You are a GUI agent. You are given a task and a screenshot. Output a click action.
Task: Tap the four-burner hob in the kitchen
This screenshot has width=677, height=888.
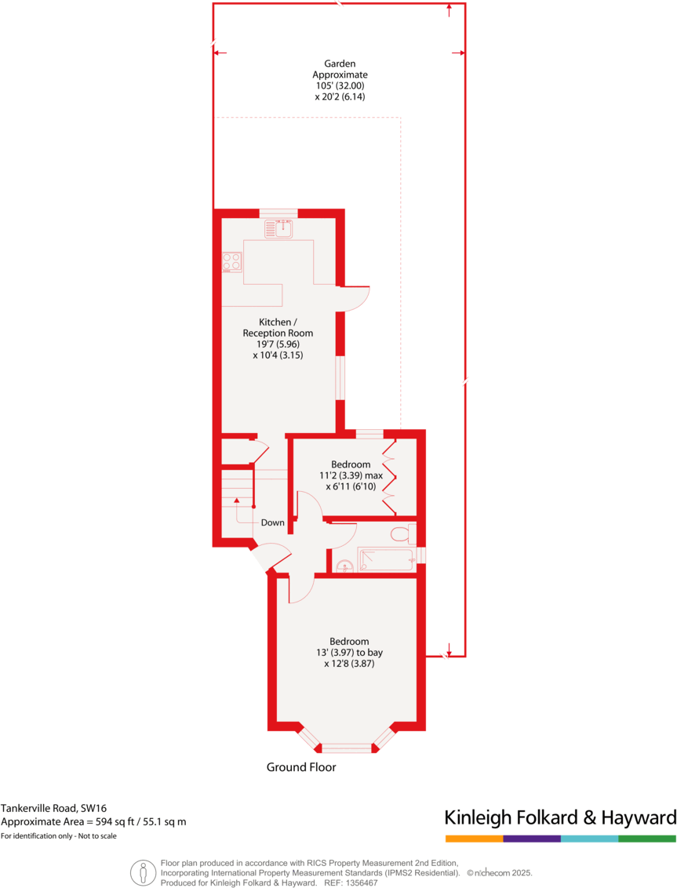click(231, 260)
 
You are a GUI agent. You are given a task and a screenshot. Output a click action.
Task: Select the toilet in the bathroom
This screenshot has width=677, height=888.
click(402, 534)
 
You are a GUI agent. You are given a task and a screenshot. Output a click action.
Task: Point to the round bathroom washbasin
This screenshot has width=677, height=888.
click(343, 566)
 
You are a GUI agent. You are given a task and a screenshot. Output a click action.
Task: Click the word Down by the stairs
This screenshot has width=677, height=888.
click(273, 522)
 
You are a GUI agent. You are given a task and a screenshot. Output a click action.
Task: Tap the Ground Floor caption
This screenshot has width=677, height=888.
click(301, 767)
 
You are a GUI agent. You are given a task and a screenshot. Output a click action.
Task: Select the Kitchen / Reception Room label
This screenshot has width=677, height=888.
click(278, 338)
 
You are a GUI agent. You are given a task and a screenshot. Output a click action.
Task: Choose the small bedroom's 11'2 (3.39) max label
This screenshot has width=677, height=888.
click(351, 475)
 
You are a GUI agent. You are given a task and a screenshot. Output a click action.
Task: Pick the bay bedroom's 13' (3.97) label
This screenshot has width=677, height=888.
click(350, 652)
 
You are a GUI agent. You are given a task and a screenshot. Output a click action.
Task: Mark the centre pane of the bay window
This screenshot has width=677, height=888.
click(346, 748)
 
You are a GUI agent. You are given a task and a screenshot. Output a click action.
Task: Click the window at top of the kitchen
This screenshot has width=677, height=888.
click(278, 212)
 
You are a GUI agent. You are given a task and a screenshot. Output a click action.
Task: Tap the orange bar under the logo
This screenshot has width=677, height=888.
click(474, 839)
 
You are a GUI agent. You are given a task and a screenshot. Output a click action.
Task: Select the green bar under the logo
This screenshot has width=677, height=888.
click(647, 839)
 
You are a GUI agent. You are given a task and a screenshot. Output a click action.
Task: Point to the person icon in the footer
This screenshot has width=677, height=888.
click(143, 872)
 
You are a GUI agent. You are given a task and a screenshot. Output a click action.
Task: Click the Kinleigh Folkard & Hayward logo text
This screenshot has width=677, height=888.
click(560, 817)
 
